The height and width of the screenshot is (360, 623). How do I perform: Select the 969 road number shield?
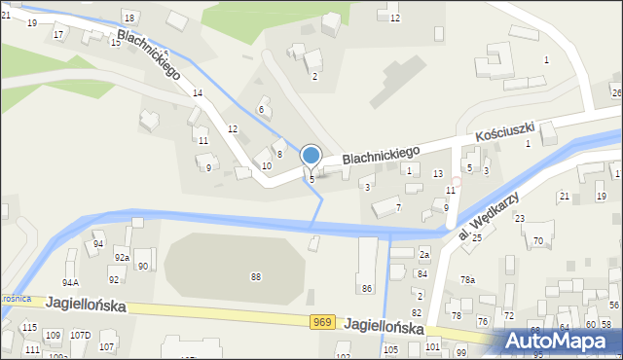(324, 321)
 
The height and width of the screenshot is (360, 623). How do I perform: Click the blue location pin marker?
(311, 157)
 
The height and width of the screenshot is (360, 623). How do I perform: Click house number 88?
(256, 277)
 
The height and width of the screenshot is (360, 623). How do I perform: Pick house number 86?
(367, 288)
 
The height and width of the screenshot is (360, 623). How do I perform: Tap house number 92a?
(121, 258)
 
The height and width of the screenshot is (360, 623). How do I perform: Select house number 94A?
(70, 282)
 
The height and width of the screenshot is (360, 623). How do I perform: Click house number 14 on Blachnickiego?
(198, 92)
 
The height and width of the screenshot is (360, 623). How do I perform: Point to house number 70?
(538, 241)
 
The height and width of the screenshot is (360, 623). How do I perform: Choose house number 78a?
(468, 280)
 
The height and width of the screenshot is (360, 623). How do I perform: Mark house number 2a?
(423, 254)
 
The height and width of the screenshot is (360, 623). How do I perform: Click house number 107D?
(80, 336)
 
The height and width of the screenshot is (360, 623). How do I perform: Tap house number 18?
(129, 18)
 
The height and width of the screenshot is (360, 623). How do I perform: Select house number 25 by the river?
(477, 237)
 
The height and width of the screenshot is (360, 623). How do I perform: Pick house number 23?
(520, 218)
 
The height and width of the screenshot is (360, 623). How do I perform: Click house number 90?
(142, 266)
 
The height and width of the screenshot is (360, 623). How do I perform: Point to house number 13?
(438, 173)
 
